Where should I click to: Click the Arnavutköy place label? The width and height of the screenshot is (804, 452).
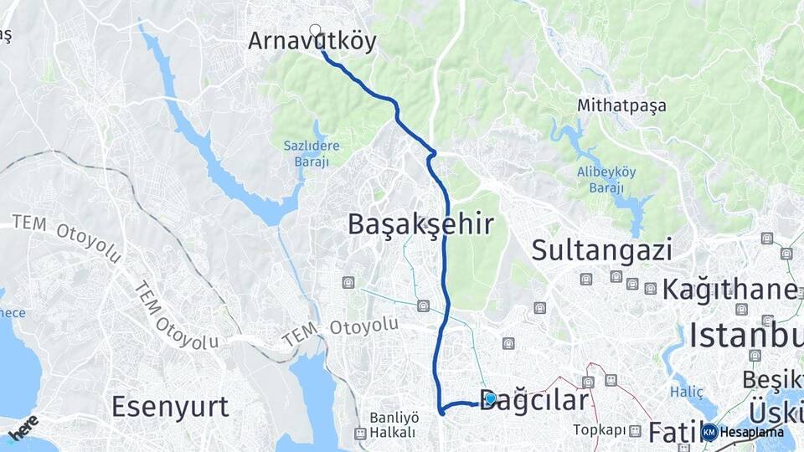coord(312,42)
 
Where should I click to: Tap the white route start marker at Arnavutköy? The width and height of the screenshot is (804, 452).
coord(316,30)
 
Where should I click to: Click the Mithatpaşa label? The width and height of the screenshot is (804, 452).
coord(621,106)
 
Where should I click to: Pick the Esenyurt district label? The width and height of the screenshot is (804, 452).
coord(170,408)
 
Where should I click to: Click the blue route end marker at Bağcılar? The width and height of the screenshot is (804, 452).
coord(491,399)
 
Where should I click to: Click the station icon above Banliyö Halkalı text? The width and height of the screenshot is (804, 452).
coord(360,434)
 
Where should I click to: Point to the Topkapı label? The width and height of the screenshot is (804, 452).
coord(600,430)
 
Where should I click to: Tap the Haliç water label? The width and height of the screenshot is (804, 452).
coord(682,392)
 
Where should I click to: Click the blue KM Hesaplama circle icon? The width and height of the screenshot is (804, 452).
coord(709,433)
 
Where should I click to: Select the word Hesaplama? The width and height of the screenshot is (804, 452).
coord(752,433)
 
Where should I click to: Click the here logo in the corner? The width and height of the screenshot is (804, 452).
coord(23,426)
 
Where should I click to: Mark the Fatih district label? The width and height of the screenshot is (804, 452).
coord(673,433)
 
